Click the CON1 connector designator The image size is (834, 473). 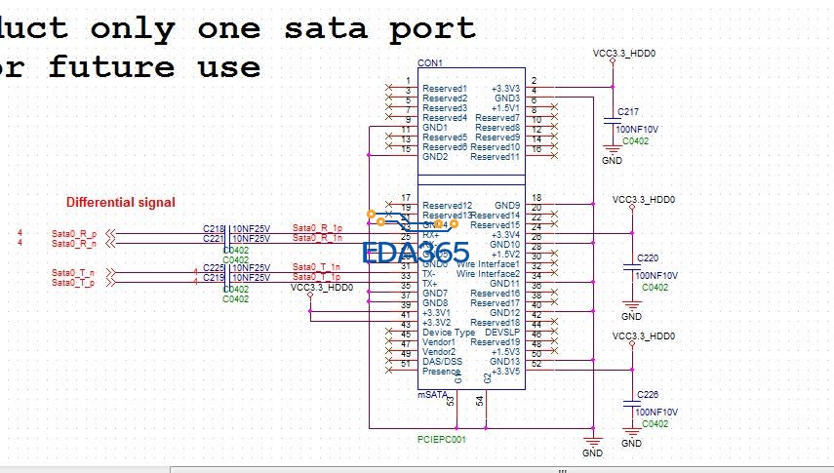click(429, 63)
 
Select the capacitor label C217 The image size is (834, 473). click(628, 110)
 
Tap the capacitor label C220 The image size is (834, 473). click(647, 257)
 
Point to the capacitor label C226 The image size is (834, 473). click(647, 394)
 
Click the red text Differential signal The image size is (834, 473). click(120, 203)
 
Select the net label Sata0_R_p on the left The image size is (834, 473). click(73, 234)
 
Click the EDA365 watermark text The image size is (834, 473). click(415, 254)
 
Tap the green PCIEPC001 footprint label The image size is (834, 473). click(441, 440)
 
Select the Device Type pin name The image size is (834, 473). click(449, 333)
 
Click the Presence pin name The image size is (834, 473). click(441, 372)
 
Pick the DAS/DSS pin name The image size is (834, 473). click(443, 362)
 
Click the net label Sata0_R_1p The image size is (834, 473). click(317, 228)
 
